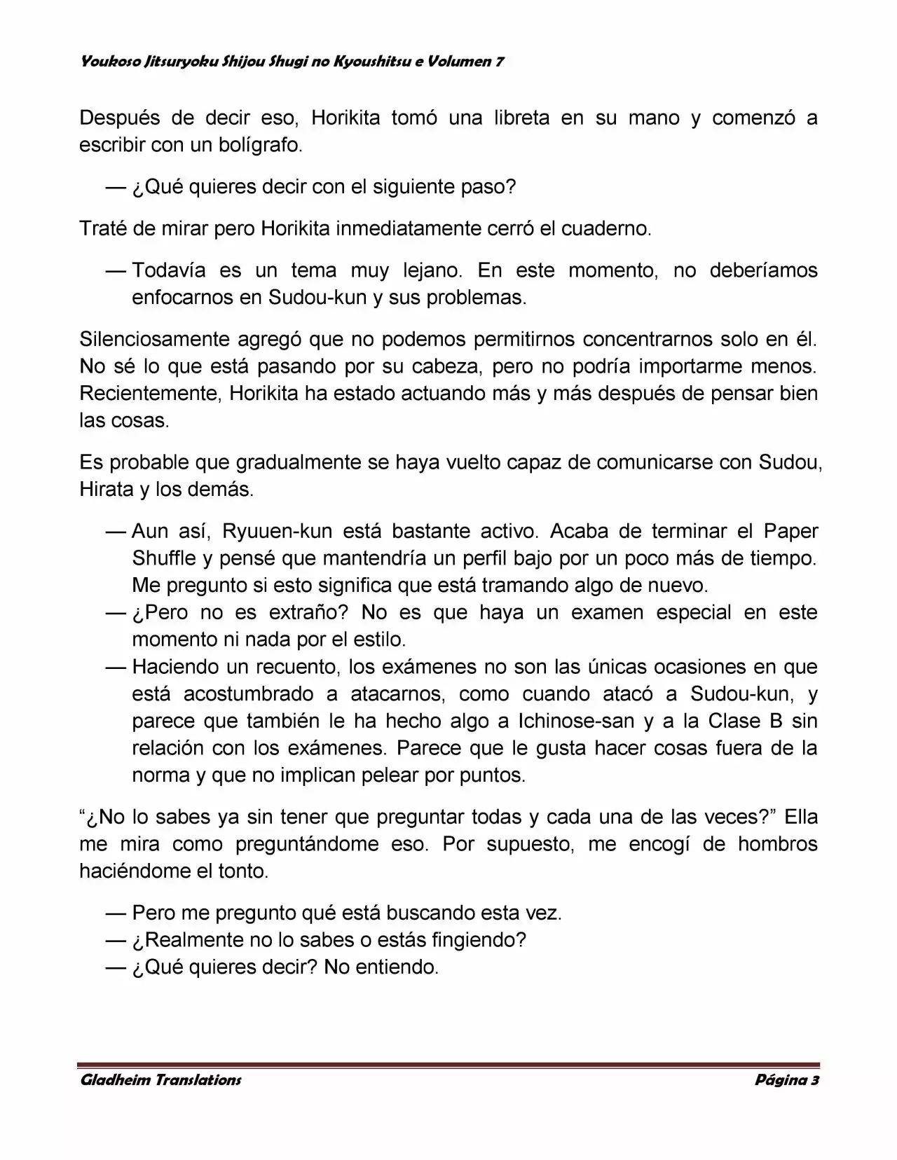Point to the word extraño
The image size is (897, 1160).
coord(309,612)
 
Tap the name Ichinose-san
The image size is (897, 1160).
coord(577,721)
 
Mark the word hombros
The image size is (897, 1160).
coord(777,844)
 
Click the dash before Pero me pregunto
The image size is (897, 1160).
coord(116,913)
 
